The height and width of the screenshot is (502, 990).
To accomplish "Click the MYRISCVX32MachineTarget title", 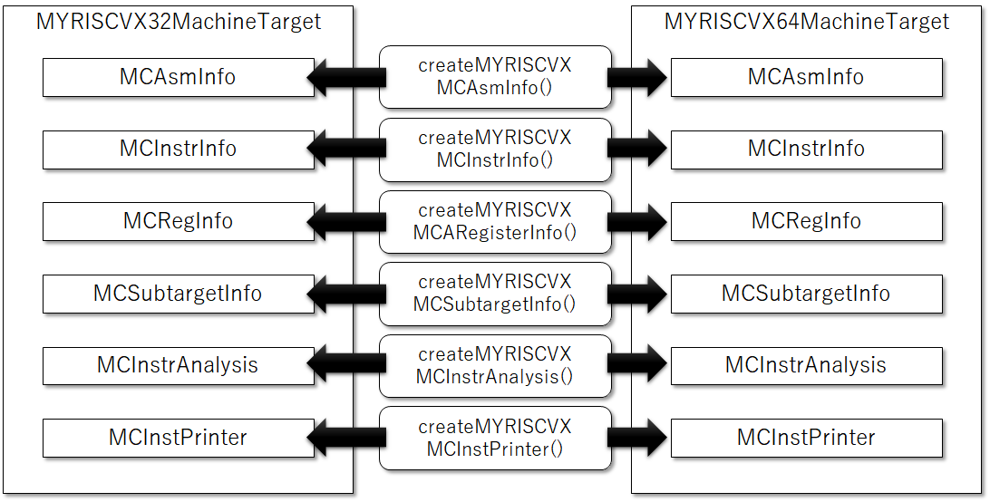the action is click(179, 22).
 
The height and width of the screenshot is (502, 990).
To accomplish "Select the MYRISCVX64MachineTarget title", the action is click(806, 22).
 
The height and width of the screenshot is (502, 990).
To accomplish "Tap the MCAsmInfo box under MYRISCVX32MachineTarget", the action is click(178, 77).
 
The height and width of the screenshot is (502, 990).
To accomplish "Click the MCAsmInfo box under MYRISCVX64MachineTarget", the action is click(806, 77).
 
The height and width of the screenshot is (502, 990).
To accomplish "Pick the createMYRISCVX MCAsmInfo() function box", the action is click(495, 76).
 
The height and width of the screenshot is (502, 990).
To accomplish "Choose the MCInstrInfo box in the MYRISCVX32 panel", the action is click(178, 150).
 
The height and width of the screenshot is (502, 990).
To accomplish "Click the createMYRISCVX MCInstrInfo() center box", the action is click(495, 149).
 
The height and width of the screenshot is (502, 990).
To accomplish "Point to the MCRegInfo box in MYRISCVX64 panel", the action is click(806, 222).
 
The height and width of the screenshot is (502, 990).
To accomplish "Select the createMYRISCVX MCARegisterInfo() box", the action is click(495, 222).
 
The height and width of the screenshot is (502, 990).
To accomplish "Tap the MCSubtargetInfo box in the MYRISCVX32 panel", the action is click(178, 294).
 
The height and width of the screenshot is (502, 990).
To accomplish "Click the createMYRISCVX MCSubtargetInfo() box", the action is click(495, 294).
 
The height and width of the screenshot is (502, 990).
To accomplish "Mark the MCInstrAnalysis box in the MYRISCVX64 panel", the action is click(806, 365).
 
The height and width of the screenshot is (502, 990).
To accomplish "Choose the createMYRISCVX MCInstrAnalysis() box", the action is click(495, 365).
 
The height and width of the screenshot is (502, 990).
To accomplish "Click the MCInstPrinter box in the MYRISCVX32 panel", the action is click(178, 439).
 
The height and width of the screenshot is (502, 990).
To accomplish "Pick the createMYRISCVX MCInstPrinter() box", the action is click(495, 439).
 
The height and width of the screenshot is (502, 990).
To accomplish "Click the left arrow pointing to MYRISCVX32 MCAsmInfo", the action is click(346, 77).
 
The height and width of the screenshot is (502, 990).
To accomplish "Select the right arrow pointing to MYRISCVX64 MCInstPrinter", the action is click(636, 439).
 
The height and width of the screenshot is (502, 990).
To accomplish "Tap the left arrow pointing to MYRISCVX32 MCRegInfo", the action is click(346, 222).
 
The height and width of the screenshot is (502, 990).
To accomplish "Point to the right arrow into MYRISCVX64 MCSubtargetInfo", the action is click(636, 294).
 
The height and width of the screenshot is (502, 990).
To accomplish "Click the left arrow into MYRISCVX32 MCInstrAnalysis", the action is click(346, 365).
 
